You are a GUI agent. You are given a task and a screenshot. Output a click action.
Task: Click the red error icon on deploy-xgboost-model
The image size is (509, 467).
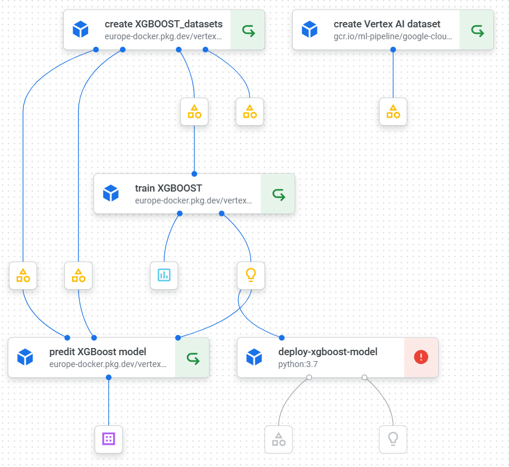pyautogui.click(x=421, y=357)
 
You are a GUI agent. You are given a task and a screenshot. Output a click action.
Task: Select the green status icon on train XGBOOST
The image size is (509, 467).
pyautogui.click(x=278, y=194)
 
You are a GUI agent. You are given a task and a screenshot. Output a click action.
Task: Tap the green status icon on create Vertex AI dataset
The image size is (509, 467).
pyautogui.click(x=477, y=30)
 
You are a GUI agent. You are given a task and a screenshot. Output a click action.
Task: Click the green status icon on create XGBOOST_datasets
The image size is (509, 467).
pyautogui.click(x=248, y=30)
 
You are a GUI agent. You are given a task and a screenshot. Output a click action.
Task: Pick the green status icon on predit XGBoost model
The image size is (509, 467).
pyautogui.click(x=192, y=358)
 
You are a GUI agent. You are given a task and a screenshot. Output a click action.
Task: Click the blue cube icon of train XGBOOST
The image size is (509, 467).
pyautogui.click(x=111, y=193)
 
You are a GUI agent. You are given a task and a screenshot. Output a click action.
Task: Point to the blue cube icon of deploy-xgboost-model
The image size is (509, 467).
pyautogui.click(x=254, y=357)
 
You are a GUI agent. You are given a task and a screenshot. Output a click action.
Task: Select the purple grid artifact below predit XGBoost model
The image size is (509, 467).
pyautogui.click(x=108, y=439)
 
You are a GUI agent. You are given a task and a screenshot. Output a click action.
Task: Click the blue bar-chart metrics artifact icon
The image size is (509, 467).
pyautogui.click(x=164, y=275)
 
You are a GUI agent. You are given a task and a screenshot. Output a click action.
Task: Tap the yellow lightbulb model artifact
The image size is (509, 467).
pyautogui.click(x=251, y=275)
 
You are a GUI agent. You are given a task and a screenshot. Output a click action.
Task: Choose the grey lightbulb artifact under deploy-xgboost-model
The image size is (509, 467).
pyautogui.click(x=393, y=439)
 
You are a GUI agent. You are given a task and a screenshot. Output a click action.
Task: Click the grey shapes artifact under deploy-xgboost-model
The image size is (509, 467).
pyautogui.click(x=278, y=439)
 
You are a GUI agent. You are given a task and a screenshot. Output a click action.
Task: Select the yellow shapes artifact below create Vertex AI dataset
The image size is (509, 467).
pyautogui.click(x=393, y=111)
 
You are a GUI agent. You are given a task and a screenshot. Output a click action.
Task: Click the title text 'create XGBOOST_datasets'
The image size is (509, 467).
pyautogui.click(x=163, y=24)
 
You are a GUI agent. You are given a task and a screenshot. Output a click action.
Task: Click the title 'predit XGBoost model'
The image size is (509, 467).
pyautogui.click(x=98, y=352)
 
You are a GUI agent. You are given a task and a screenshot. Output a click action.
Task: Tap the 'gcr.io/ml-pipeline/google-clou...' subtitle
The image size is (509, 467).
pyautogui.click(x=393, y=36)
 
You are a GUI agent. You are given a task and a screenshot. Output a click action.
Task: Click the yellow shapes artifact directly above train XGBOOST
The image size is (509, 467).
pyautogui.click(x=194, y=111)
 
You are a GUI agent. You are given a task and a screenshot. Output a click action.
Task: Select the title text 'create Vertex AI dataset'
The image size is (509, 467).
pyautogui.click(x=387, y=24)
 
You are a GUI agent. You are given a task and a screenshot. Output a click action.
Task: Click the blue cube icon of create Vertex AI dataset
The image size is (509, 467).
pyautogui.click(x=310, y=29)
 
